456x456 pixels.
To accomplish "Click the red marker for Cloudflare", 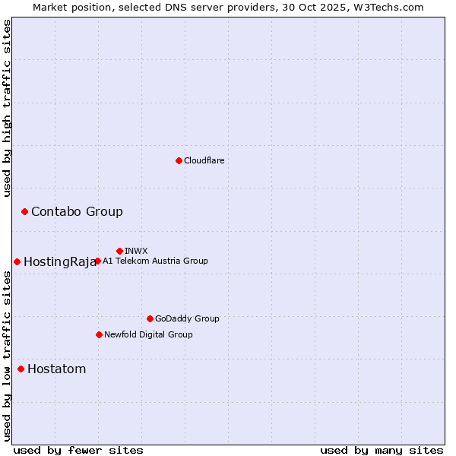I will click(x=179, y=160).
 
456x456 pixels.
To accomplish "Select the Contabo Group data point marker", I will click(x=24, y=211).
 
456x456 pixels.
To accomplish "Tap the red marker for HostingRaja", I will click(x=17, y=261).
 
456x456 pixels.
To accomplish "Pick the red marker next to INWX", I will click(x=119, y=251).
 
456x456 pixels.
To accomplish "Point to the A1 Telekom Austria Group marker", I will click(x=97, y=261).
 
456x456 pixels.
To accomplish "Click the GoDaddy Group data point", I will click(x=150, y=318).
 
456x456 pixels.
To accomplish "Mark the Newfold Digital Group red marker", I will click(x=99, y=334).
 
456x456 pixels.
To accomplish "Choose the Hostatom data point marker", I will click(x=21, y=369).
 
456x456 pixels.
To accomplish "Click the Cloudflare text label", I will click(x=204, y=160).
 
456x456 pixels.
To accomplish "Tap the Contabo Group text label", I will click(x=77, y=211).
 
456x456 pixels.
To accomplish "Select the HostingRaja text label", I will click(x=60, y=262).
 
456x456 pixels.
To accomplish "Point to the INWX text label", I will click(x=136, y=251).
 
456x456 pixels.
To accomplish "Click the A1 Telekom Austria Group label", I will click(x=155, y=261).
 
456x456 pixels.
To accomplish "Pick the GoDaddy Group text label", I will click(x=187, y=318).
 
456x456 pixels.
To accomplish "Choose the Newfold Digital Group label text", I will click(x=148, y=334).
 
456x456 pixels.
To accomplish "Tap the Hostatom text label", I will click(x=56, y=369).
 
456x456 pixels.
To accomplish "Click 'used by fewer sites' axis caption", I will click(x=78, y=450).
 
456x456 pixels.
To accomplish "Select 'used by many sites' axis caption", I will click(x=382, y=450).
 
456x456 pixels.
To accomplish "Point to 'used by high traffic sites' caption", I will click(x=8, y=108).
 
